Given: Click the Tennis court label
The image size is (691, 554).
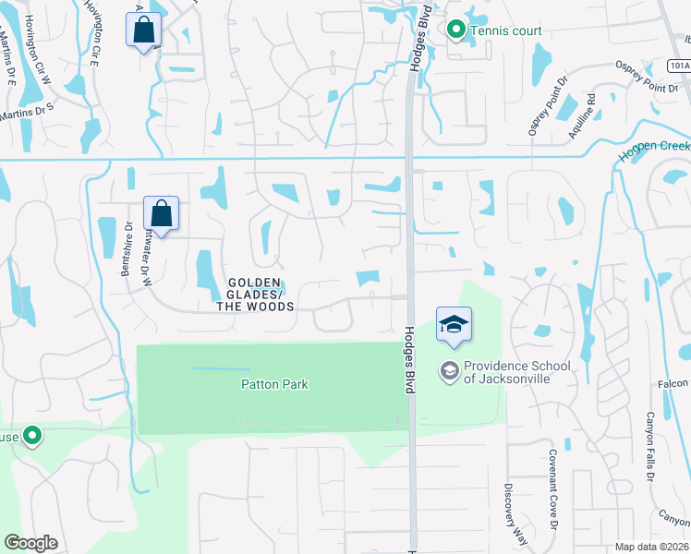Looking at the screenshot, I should tap(506, 30).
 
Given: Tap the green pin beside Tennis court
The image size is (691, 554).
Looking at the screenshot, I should tap(455, 30).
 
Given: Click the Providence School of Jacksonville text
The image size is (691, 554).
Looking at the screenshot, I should tap(516, 372).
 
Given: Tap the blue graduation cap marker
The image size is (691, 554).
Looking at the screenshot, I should tap(454, 324).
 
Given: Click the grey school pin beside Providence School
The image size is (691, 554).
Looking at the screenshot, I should tap(450, 371).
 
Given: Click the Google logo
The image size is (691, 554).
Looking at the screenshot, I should tap(30, 543).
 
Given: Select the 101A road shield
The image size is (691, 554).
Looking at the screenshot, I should tap(679, 66).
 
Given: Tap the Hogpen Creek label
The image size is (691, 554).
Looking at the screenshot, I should tap(655, 149).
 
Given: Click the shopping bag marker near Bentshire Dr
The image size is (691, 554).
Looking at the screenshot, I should tap(161, 214).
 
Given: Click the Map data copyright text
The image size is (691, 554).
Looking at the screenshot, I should tap(652, 547).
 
